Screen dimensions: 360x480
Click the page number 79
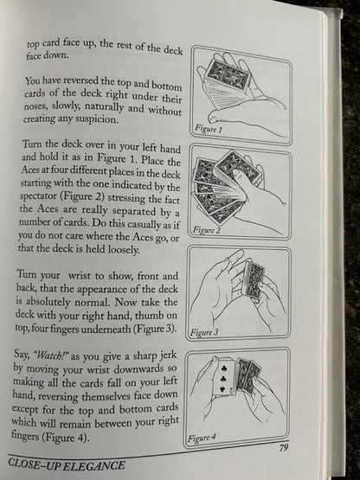[x=284, y=447]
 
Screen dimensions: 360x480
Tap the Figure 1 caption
[x=209, y=129]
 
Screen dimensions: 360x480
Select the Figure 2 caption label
[x=207, y=230]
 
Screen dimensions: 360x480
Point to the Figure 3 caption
[x=204, y=332]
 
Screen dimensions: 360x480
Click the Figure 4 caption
[x=202, y=437]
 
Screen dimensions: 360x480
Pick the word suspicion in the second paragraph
[x=97, y=119]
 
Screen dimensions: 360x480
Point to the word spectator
[x=39, y=196]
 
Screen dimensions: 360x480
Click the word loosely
[x=124, y=250]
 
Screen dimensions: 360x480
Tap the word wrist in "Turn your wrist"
[x=80, y=275]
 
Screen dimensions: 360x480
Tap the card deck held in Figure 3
[x=254, y=282]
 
